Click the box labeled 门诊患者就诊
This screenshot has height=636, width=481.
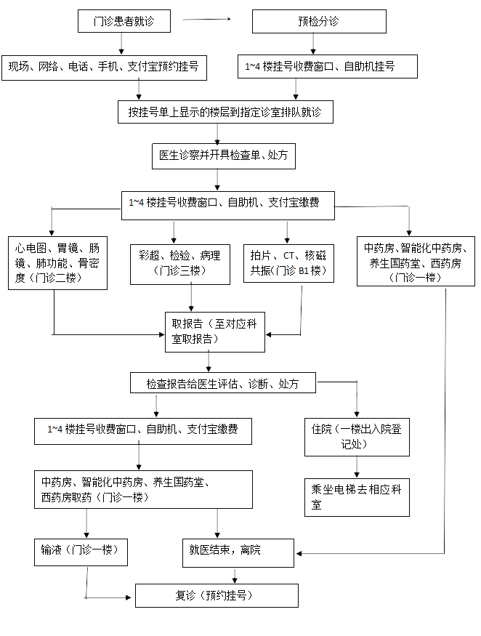(x=124, y=22)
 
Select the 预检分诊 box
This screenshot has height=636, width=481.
(x=319, y=22)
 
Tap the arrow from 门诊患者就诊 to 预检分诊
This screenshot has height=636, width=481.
(x=206, y=19)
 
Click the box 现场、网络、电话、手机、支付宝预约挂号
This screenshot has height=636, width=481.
(x=104, y=68)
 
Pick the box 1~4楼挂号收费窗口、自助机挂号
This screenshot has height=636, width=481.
(x=327, y=67)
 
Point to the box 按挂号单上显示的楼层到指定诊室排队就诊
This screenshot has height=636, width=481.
(x=225, y=112)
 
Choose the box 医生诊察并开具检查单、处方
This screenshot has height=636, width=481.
(x=224, y=156)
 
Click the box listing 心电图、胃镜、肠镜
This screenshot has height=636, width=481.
(x=57, y=263)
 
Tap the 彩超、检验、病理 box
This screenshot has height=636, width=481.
(x=180, y=264)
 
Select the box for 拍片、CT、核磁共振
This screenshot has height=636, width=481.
(x=288, y=263)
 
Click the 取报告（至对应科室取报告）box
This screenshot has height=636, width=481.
(x=215, y=331)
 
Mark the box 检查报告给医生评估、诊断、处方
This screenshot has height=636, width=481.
(x=222, y=383)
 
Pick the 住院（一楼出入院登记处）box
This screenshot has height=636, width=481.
(x=357, y=437)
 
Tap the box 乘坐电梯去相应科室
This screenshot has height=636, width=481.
(x=357, y=497)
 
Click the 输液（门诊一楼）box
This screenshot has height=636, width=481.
(x=81, y=552)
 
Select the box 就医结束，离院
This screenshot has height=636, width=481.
(x=238, y=553)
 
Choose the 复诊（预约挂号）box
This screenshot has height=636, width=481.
(x=217, y=595)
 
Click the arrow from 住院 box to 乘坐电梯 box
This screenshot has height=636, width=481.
(x=357, y=467)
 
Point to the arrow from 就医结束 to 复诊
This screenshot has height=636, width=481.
(x=235, y=576)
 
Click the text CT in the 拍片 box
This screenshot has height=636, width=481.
(x=288, y=256)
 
